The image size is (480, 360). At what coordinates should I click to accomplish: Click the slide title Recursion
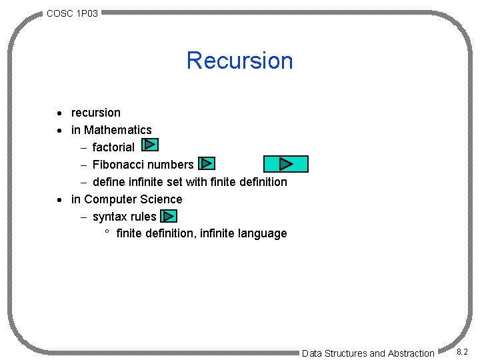(x=239, y=61)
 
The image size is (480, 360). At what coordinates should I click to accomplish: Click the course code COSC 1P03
(x=73, y=13)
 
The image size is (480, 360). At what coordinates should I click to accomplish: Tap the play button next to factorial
(x=151, y=145)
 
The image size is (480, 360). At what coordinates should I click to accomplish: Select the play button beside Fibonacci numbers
(x=207, y=163)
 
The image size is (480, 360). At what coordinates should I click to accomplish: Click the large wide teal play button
(x=286, y=164)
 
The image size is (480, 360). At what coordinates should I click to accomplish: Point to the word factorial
(x=113, y=147)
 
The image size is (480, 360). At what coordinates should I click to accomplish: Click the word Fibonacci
(x=118, y=165)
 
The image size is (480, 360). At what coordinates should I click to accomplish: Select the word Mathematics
(x=118, y=130)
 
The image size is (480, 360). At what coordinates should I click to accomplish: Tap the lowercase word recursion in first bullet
(x=96, y=113)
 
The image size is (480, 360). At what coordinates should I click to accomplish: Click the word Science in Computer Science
(x=160, y=199)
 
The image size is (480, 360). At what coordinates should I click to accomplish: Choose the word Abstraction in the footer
(x=411, y=353)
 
